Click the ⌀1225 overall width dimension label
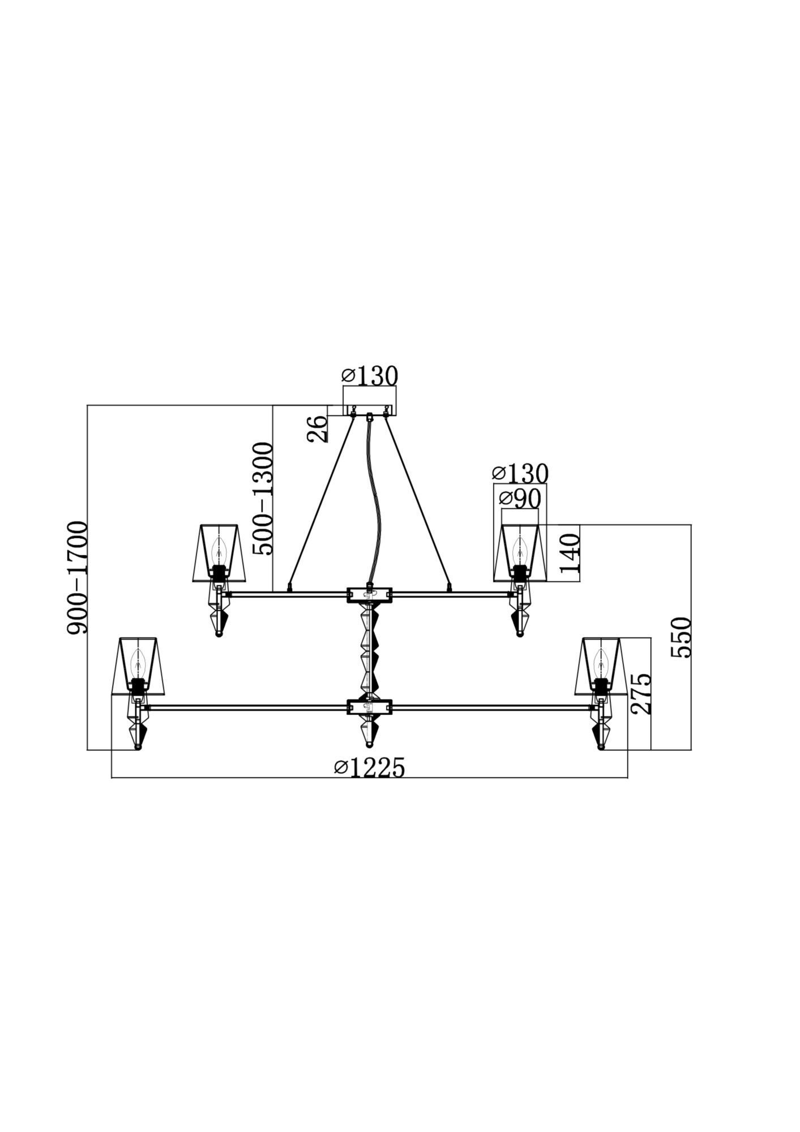(370, 768)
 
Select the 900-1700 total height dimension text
(78, 577)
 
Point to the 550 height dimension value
(681, 637)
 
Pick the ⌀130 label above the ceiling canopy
(370, 375)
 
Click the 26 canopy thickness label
(317, 428)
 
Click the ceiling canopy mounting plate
(370, 410)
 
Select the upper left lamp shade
(220, 552)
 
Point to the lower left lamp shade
(138, 666)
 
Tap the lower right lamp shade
(602, 666)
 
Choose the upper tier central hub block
(370, 594)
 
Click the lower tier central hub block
(370, 706)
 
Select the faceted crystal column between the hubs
(370, 650)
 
